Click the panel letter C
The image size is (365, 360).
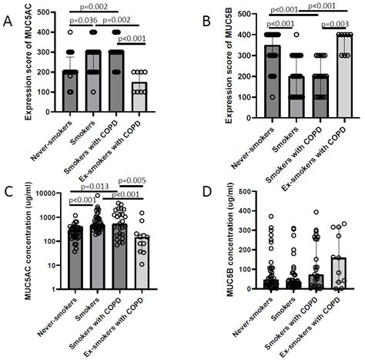8,190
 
